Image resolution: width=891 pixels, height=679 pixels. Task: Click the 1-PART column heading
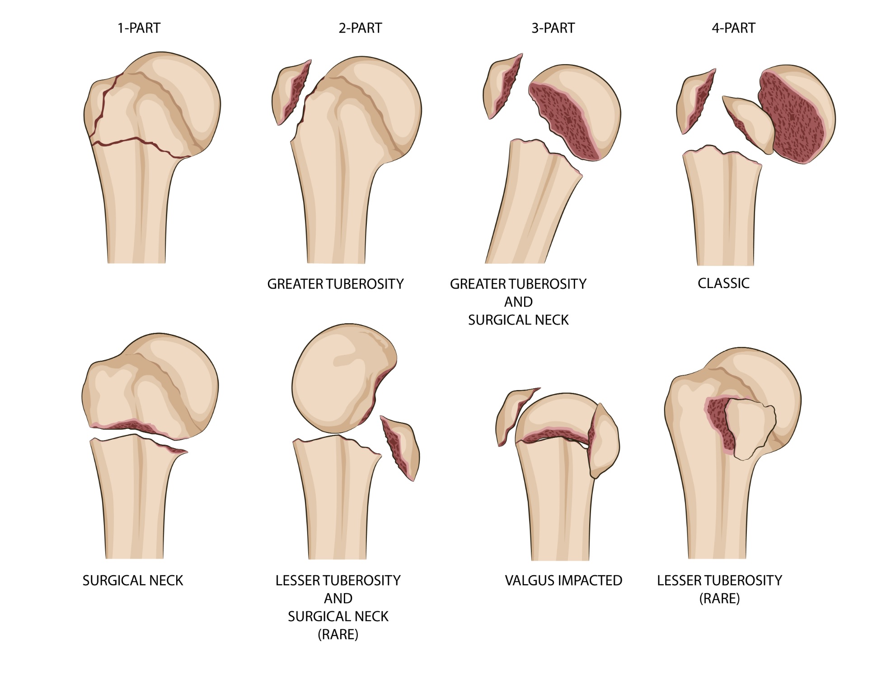[139, 28]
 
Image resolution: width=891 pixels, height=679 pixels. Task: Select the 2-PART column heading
[360, 28]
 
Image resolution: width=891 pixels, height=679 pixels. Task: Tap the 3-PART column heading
[553, 28]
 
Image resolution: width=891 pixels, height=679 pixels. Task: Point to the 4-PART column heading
[733, 28]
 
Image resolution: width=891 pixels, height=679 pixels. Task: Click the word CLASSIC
[723, 283]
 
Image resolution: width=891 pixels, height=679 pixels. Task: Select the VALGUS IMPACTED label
[563, 580]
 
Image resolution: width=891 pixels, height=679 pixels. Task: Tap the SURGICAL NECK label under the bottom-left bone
[133, 580]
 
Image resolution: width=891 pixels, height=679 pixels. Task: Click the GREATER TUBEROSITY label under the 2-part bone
[335, 284]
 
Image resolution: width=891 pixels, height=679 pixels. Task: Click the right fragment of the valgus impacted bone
[605, 440]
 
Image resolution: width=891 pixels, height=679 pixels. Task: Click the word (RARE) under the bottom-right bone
[719, 599]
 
